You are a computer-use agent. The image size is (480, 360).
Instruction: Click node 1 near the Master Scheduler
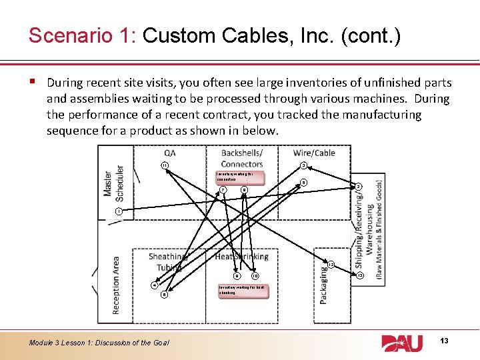point(117,211)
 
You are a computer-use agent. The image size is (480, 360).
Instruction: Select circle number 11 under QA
point(165,165)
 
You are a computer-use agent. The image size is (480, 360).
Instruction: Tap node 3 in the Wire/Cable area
point(303,165)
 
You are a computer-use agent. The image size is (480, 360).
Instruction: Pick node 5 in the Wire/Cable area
point(303,182)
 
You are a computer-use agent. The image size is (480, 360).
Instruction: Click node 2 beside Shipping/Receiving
point(358,187)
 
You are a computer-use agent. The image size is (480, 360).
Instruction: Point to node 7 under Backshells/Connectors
point(223,190)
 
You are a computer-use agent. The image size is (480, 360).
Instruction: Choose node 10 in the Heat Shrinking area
point(255,275)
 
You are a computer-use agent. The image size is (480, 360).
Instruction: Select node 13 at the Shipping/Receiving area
point(359,275)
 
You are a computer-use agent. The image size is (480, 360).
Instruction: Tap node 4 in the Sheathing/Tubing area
point(155,285)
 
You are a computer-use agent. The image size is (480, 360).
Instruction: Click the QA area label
point(170,153)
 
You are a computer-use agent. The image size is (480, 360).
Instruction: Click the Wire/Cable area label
point(314,153)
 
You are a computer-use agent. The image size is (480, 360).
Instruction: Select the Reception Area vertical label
point(115,285)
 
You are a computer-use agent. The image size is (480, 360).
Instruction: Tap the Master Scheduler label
point(113,183)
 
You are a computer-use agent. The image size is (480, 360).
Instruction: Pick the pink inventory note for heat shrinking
point(243,291)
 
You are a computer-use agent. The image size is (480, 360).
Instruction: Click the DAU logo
point(402,343)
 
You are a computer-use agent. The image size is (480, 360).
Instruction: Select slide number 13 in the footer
point(445,341)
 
